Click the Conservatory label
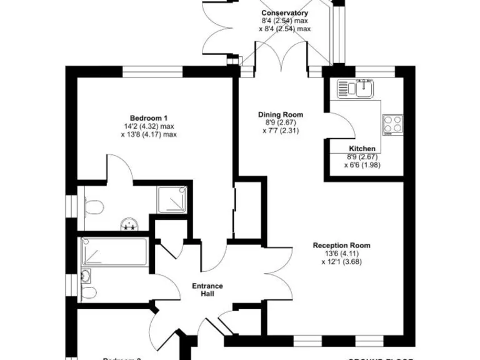coord(284,13)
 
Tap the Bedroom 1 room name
coord(148,118)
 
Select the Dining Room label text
coord(281,114)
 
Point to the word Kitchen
coord(362,148)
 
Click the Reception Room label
coord(341,246)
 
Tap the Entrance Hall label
coord(207,290)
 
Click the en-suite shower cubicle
coord(172,199)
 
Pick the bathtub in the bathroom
coord(114,252)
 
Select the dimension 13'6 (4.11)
coord(341,254)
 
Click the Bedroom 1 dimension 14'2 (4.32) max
coord(148,126)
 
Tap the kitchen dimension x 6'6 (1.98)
coord(362,165)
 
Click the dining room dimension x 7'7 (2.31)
coord(281,131)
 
